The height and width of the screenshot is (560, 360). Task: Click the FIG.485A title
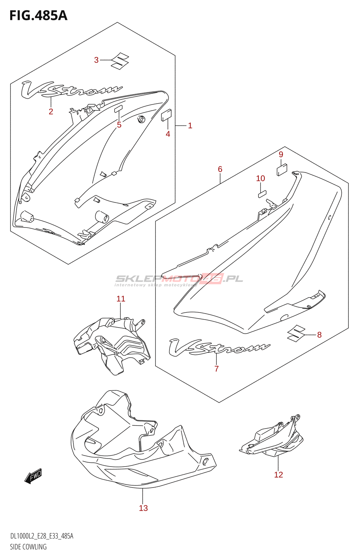pyautogui.click(x=39, y=15)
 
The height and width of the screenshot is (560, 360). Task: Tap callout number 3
pyautogui.click(x=96, y=60)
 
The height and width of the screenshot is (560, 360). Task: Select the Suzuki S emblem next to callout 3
pyautogui.click(x=119, y=61)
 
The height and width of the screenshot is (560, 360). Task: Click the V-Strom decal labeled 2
pyautogui.click(x=71, y=90)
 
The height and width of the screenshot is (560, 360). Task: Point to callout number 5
pyautogui.click(x=119, y=125)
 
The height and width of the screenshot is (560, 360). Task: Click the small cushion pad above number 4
pyautogui.click(x=166, y=115)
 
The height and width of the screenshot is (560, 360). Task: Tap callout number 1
pyautogui.click(x=190, y=126)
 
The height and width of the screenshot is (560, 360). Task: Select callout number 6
pyautogui.click(x=220, y=169)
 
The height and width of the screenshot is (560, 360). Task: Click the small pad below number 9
pyautogui.click(x=282, y=170)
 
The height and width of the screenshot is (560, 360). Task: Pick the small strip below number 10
pyautogui.click(x=262, y=194)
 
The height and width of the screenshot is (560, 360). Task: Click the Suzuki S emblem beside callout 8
pyautogui.click(x=296, y=333)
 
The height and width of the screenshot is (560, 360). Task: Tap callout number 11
pyautogui.click(x=121, y=299)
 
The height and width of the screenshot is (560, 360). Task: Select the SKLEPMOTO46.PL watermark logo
pyautogui.click(x=179, y=280)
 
